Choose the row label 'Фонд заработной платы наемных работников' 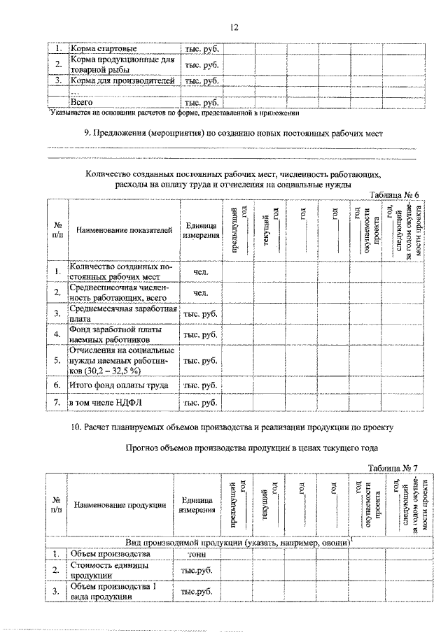coord(115,334)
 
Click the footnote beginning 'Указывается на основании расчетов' coord(175,112)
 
